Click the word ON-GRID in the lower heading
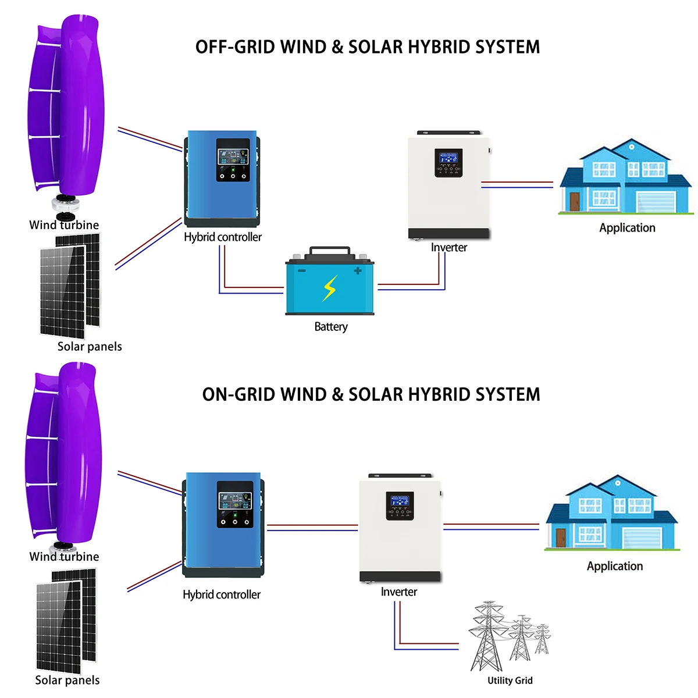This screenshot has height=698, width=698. click(238, 394)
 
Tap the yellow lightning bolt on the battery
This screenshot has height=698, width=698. click(330, 288)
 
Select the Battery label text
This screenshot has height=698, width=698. click(331, 326)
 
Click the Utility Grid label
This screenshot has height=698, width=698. click(510, 681)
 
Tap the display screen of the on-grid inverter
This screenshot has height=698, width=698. click(400, 501)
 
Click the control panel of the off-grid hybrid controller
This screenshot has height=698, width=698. click(233, 160)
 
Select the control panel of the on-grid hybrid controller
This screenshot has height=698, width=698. click(235, 504)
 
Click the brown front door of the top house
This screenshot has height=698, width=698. click(575, 202)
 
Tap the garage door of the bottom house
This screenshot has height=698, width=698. click(641, 538)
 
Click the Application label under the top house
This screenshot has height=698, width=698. click(627, 228)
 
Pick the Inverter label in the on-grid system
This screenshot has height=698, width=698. click(399, 592)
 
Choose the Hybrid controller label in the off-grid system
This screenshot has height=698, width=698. click(223, 237)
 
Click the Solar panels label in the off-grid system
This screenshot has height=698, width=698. click(90, 347)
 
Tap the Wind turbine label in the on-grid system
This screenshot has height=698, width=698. click(64, 557)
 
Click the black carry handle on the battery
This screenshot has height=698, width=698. click(330, 251)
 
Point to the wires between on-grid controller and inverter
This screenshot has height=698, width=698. click(312, 528)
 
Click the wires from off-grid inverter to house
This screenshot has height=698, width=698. click(517, 184)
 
